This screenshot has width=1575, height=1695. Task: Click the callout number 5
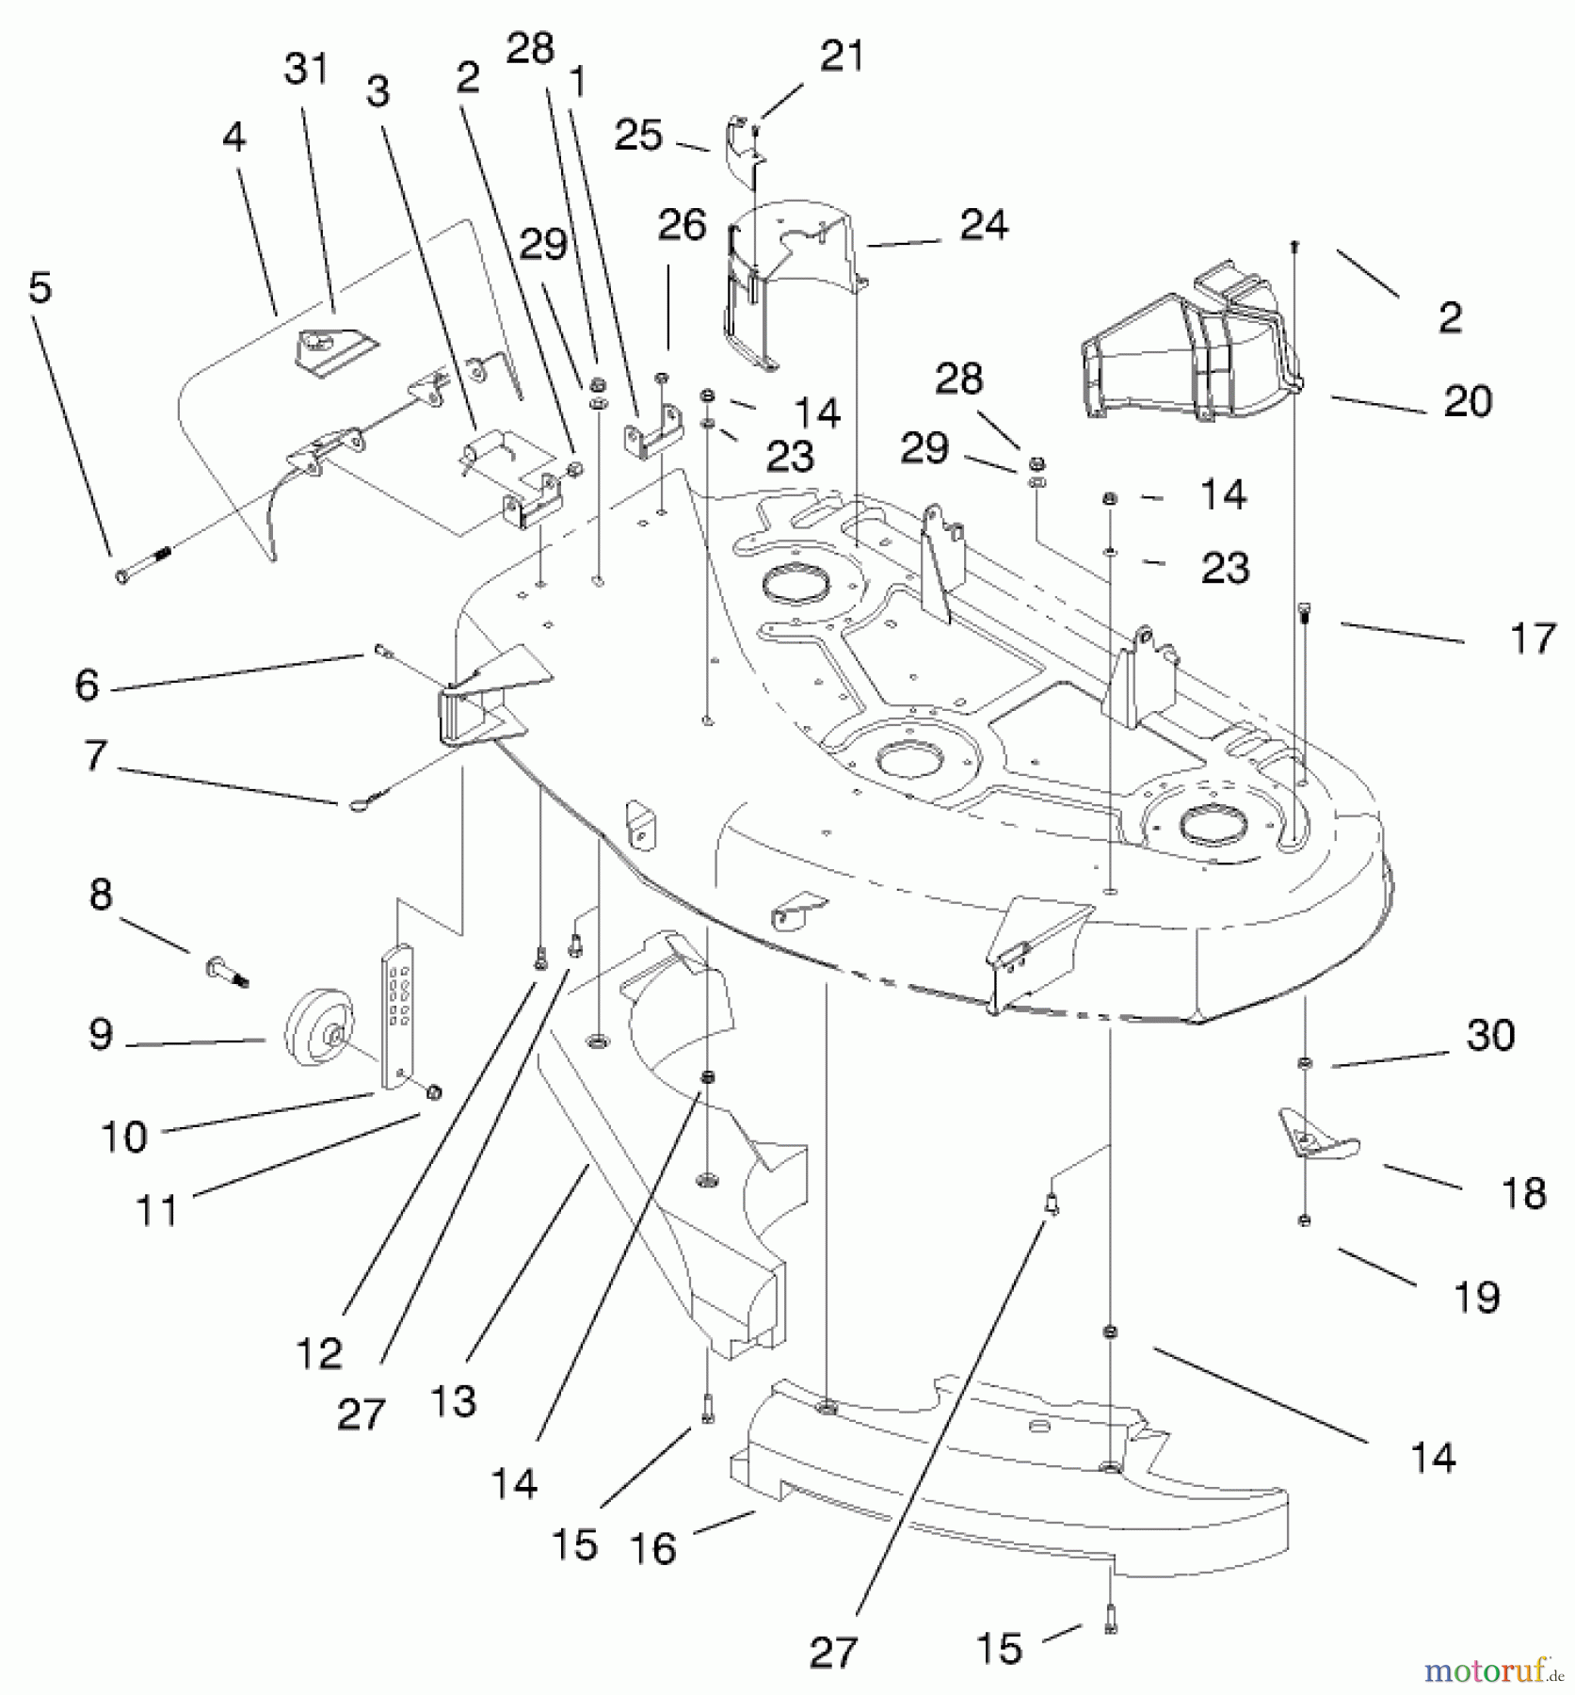point(40,287)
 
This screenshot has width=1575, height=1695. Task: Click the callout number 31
point(306,70)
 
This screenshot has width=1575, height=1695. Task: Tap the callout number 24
point(984,225)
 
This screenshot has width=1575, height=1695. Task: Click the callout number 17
point(1533,639)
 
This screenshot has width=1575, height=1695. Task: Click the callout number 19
point(1476,1297)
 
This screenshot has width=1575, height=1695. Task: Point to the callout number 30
point(1490,1035)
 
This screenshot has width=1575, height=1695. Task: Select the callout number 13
point(453,1400)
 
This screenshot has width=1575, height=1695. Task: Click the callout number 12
point(318,1354)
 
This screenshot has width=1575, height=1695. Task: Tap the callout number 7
point(95,756)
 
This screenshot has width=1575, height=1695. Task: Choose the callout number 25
point(638,136)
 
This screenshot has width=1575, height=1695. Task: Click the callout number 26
point(683,225)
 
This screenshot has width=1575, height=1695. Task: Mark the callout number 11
point(157,1210)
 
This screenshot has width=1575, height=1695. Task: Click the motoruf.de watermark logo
point(1494,1671)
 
